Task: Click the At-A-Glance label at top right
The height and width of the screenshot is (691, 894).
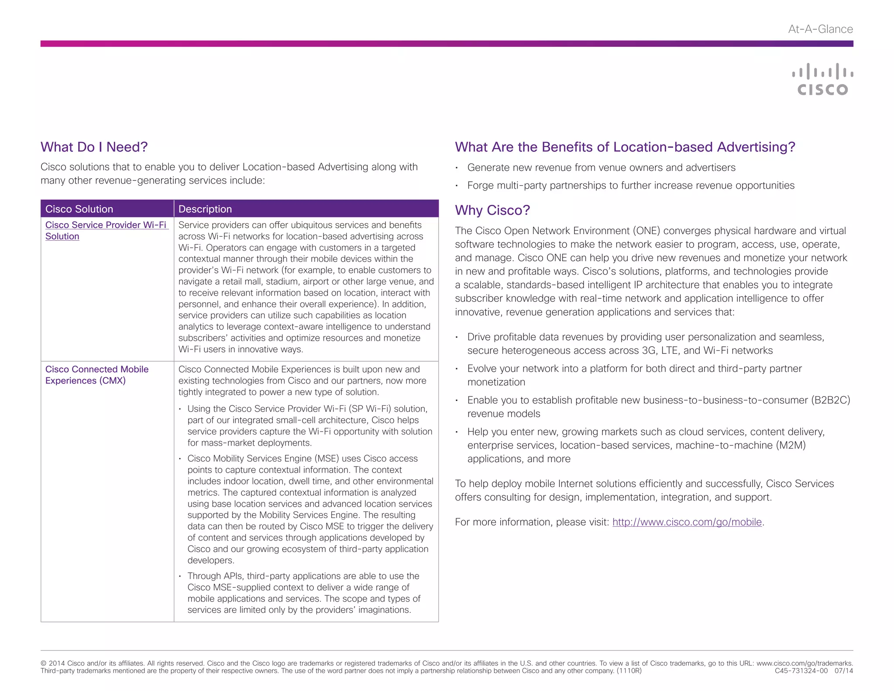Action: click(820, 29)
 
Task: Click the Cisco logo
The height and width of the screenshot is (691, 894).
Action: click(822, 79)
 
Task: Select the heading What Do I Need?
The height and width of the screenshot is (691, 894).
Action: click(94, 147)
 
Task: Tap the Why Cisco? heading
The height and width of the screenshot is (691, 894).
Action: click(492, 210)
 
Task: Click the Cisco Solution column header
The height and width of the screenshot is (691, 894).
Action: click(79, 209)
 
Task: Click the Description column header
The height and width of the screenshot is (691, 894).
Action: click(205, 209)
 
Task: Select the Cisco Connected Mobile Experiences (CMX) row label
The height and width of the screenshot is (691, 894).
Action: click(96, 375)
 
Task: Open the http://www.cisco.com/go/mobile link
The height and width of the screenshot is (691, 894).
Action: click(687, 522)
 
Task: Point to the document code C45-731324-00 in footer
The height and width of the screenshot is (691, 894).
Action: click(801, 671)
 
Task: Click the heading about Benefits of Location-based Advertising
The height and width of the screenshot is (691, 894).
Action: click(625, 147)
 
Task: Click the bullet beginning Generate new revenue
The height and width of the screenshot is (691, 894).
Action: click(601, 168)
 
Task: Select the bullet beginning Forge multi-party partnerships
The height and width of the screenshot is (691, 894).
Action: click(630, 186)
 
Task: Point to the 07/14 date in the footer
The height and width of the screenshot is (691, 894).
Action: click(843, 671)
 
